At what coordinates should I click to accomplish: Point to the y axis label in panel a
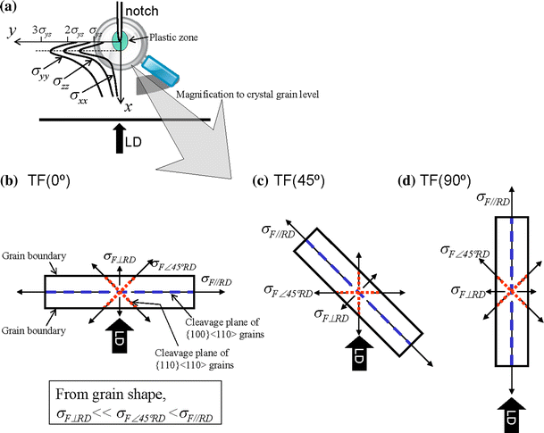(10, 33)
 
